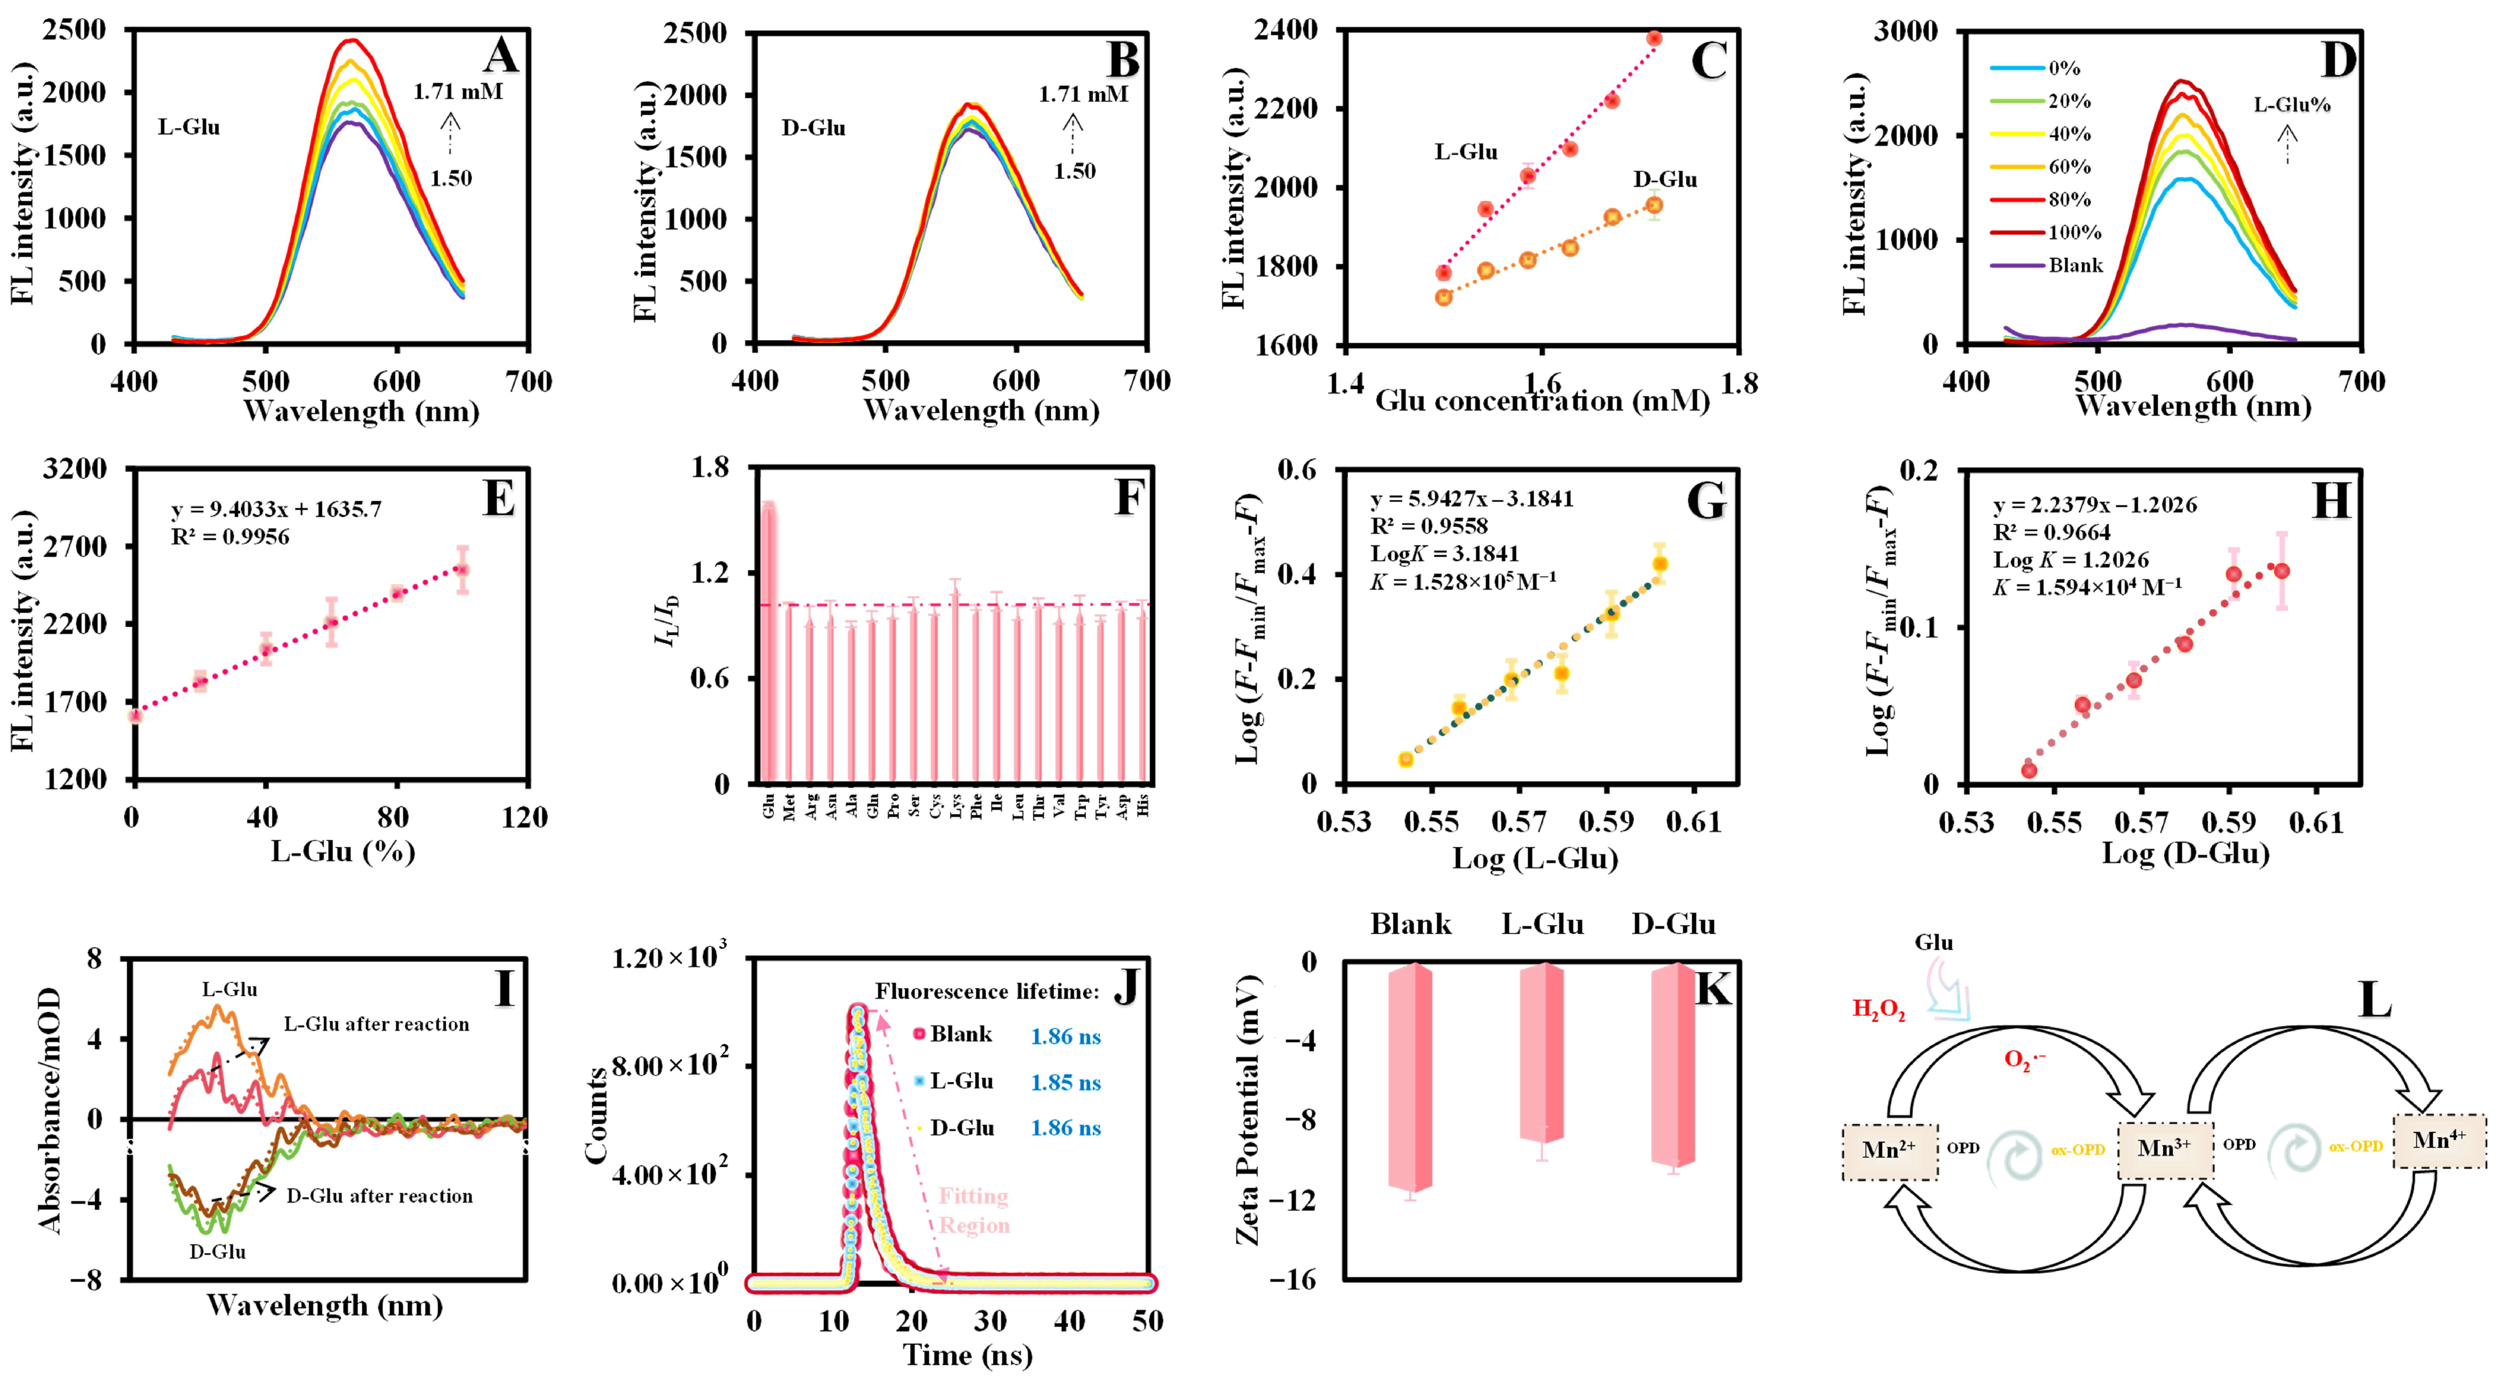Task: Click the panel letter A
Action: (501, 56)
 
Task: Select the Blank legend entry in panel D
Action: (2075, 265)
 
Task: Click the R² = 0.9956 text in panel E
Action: (231, 537)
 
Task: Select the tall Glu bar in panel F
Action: (768, 642)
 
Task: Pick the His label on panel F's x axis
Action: (1144, 805)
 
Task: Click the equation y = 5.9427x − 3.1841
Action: (1471, 500)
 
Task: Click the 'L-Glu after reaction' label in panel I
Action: (376, 1024)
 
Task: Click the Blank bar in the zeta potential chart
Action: (1410, 1078)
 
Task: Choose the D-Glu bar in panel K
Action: (1673, 1065)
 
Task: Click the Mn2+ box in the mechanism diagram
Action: (1889, 1151)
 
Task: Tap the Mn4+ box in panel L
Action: (2439, 1141)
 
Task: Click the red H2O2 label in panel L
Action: (1878, 1009)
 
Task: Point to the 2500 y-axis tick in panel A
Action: (75, 30)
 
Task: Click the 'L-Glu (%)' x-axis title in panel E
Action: (343, 852)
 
